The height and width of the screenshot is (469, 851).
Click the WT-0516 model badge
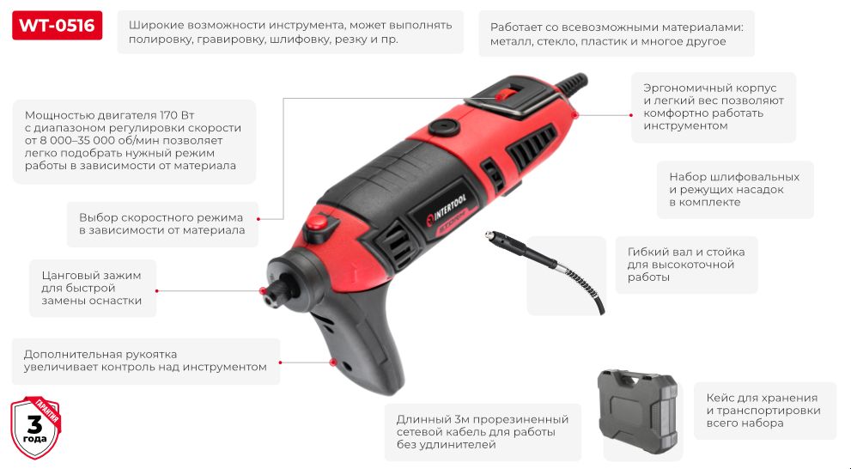pyautogui.click(x=57, y=26)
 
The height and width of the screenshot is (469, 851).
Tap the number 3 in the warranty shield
pyautogui.click(x=35, y=424)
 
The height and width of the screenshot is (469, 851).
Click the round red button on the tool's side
pyautogui.click(x=317, y=222)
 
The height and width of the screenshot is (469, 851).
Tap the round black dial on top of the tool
pyautogui.click(x=444, y=127)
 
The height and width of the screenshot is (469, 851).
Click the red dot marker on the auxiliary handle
pyautogui.click(x=333, y=362)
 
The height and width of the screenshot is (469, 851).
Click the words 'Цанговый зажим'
pyautogui.click(x=90, y=275)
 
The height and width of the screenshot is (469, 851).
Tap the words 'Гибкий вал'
pyautogui.click(x=667, y=252)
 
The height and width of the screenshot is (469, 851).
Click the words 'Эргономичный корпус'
pyautogui.click(x=709, y=88)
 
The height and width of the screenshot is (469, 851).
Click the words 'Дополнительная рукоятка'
pyautogui.click(x=100, y=354)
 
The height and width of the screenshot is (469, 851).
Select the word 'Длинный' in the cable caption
pyautogui.click(x=421, y=419)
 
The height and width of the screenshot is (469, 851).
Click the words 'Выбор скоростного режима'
pyautogui.click(x=161, y=217)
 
